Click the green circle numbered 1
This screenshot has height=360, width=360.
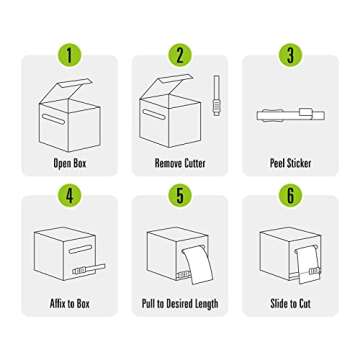coord(69,55)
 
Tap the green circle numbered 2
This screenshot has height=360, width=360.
coord(180,55)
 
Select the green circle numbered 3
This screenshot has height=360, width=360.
coord(290,55)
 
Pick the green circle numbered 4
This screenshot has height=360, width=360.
coord(69,196)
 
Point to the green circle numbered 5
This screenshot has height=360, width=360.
coord(180,196)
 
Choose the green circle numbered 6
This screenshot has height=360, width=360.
coord(290,196)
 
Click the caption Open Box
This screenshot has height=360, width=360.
coord(70,163)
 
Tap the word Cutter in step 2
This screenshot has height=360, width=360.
coord(194,163)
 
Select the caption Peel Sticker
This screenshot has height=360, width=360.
coord(290,163)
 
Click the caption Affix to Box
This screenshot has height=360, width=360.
coord(70,304)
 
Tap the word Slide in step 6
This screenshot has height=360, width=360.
coord(278,304)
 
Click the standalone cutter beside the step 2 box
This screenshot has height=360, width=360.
coord(217,95)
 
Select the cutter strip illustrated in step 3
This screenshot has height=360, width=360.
coord(290,115)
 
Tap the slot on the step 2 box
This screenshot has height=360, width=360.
coord(154,114)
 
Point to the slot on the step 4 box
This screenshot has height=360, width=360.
coord(80,249)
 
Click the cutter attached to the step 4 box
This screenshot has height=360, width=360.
coord(89,269)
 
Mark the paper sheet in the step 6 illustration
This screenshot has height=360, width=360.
coord(307,264)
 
